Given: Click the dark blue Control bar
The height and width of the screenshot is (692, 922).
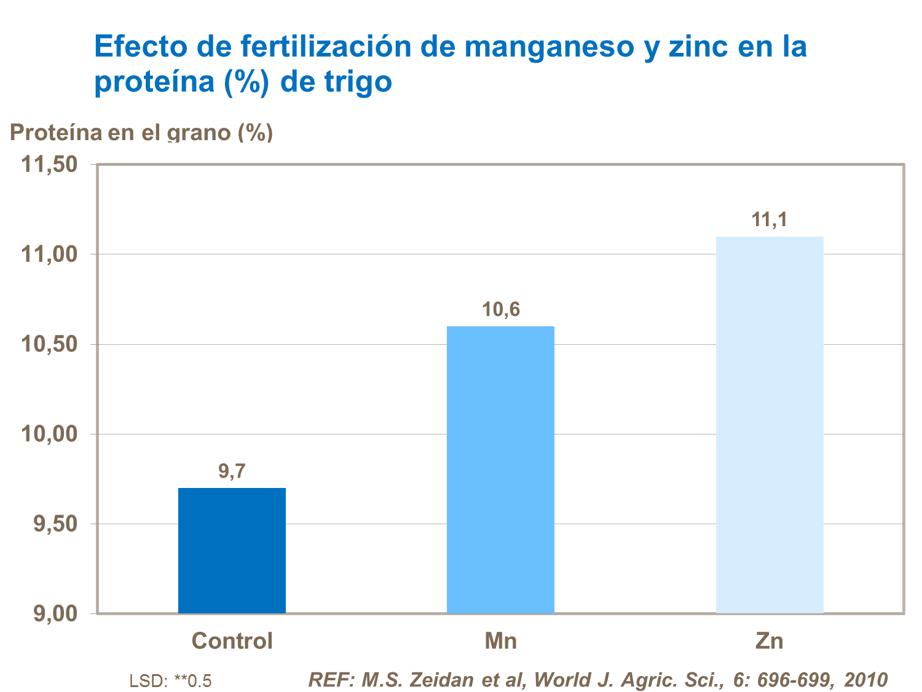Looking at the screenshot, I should (232, 550).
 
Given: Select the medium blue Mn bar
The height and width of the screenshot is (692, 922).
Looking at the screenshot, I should (500, 470).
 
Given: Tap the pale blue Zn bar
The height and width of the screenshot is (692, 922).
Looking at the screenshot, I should (770, 425).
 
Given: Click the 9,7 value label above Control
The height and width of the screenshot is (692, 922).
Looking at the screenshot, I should (232, 471).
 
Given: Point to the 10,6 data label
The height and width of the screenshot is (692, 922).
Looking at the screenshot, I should (500, 310).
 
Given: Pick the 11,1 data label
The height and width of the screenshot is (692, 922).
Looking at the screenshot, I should (769, 220).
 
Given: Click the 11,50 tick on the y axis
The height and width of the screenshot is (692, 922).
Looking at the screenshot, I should (50, 165).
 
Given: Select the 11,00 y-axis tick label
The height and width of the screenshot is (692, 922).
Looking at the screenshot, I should (50, 254).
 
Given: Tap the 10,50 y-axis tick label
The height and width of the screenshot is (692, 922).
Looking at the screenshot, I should (50, 344).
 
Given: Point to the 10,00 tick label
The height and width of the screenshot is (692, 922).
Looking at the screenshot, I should (50, 434).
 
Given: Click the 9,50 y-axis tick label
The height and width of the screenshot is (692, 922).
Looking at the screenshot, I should (55, 524).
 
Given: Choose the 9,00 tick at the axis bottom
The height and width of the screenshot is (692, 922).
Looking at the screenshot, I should (55, 613).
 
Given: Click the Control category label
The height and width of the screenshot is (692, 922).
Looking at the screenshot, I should (232, 641).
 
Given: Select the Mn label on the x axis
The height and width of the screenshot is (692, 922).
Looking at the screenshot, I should (500, 641).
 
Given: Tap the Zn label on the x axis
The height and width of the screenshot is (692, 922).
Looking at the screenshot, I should (769, 641).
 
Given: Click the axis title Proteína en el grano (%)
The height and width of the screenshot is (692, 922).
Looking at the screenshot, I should (141, 132).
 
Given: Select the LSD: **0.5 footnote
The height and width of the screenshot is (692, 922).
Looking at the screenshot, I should (170, 681).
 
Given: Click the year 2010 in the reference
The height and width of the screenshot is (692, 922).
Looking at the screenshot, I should (865, 680).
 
